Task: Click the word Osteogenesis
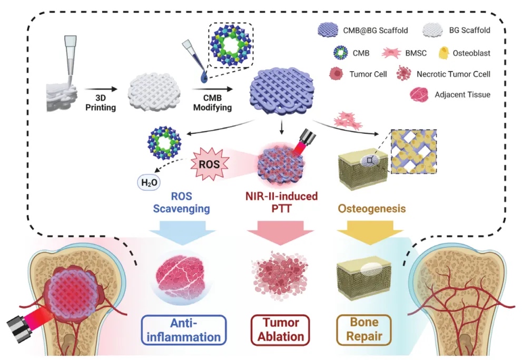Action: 364,209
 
